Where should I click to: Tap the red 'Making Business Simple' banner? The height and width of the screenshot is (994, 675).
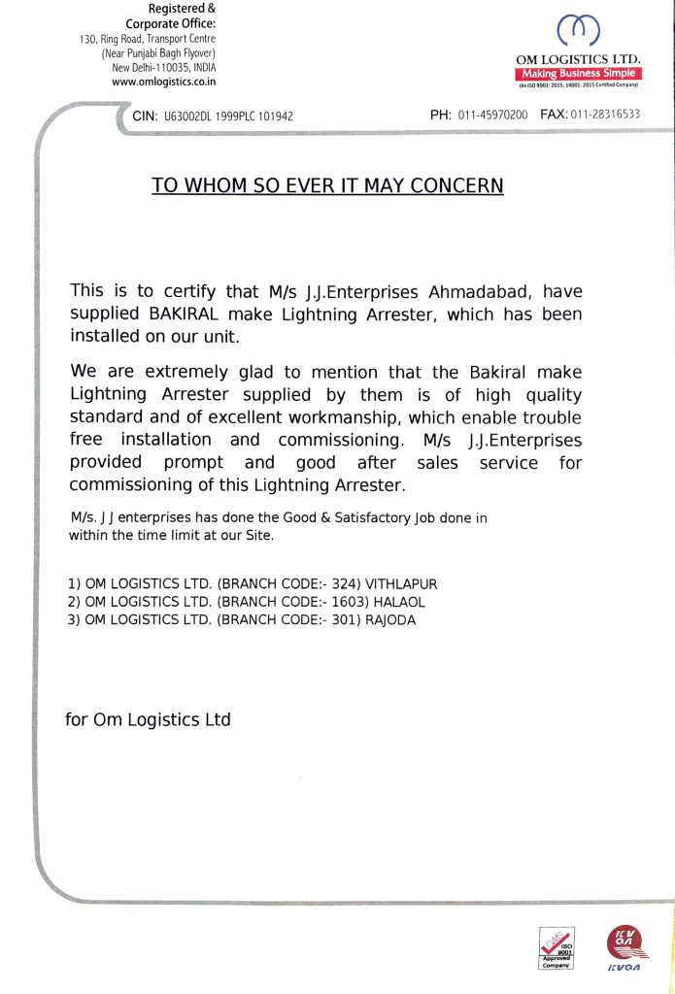(579, 74)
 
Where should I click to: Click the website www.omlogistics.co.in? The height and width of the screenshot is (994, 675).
(164, 83)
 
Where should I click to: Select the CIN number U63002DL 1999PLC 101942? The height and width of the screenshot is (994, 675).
(228, 116)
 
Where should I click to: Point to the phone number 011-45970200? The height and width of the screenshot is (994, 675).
(492, 115)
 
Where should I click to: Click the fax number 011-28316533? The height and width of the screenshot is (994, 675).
(605, 115)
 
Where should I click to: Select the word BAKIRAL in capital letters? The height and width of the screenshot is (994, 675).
(185, 314)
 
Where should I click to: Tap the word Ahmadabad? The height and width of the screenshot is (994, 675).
(469, 291)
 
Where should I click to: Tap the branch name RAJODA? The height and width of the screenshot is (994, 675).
(390, 620)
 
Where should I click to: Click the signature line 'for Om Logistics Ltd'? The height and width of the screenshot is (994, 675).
(148, 719)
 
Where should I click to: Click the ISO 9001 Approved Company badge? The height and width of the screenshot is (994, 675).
(557, 947)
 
